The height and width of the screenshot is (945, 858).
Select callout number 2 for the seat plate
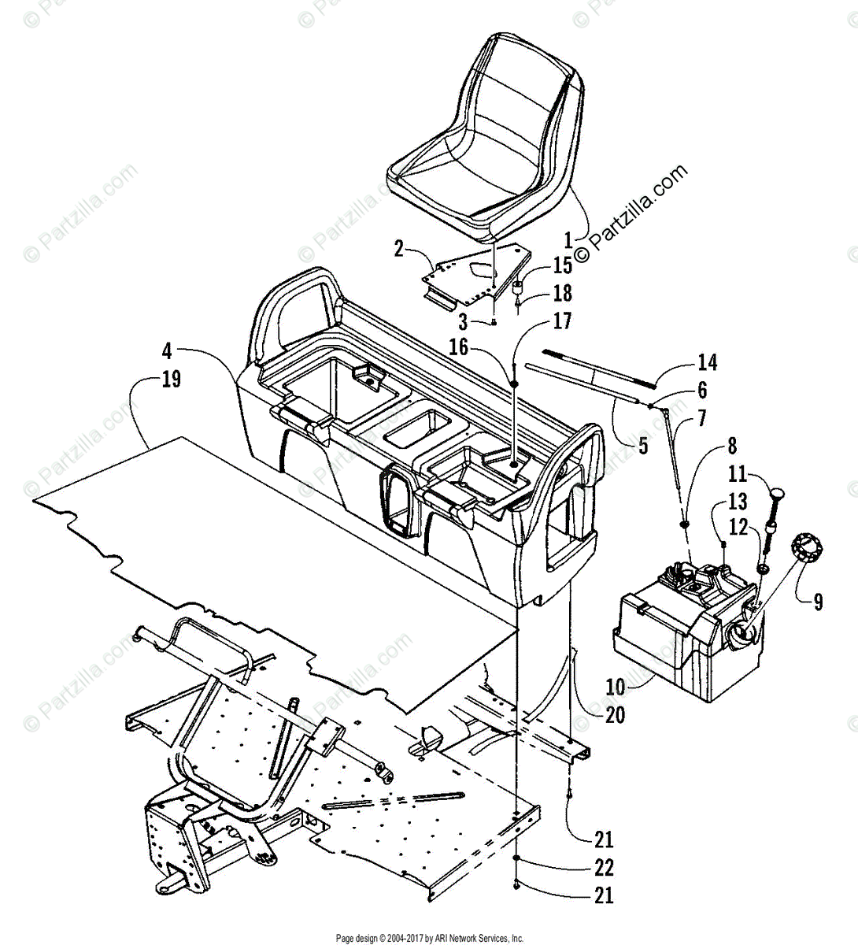(x=399, y=250)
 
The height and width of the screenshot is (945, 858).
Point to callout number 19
(x=171, y=379)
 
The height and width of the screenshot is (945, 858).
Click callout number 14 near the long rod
(x=707, y=362)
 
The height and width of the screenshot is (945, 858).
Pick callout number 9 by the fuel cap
(x=818, y=602)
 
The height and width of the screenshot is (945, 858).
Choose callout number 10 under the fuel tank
(x=615, y=687)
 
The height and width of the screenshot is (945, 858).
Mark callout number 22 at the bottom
(x=604, y=867)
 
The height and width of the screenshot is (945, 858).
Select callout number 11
(x=736, y=474)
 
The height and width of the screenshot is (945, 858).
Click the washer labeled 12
(x=762, y=568)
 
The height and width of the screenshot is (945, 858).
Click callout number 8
(x=732, y=447)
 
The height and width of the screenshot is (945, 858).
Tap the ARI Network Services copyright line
(x=429, y=938)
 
